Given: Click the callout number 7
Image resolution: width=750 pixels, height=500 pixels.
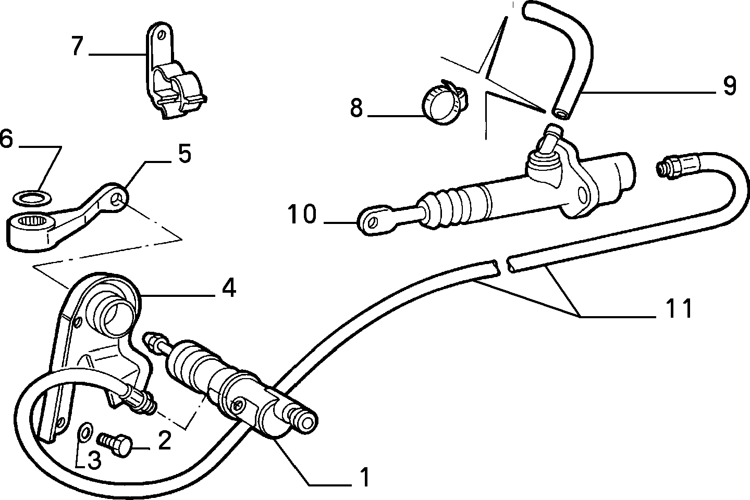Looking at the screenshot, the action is pos(77,46).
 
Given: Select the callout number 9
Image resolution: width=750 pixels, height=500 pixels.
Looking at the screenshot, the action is pos(730,85).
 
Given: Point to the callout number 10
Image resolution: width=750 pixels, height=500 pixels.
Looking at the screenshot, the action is pos(302,214).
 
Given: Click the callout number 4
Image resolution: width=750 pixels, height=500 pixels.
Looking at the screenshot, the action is pos(229,287).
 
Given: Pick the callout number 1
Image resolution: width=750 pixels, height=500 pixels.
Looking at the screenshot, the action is pos(364,477).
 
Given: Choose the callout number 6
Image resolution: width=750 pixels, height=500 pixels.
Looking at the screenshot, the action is pos(6,139).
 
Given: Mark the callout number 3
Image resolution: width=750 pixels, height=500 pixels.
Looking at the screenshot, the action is pos(94,460).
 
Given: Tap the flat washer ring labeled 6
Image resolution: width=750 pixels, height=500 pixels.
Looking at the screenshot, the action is pos(32,198).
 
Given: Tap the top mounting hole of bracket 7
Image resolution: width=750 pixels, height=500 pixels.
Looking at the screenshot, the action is pos(163,35).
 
